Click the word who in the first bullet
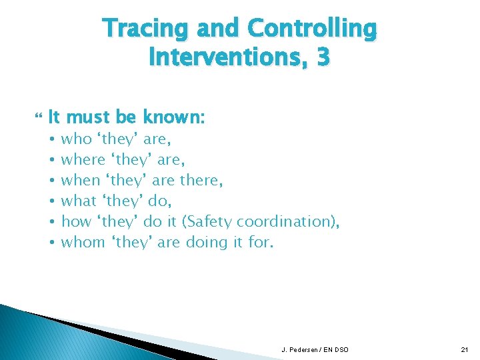(x=77, y=139)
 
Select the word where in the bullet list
(x=83, y=160)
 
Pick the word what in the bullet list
(x=79, y=201)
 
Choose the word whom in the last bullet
(x=83, y=242)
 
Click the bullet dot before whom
(x=51, y=243)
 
